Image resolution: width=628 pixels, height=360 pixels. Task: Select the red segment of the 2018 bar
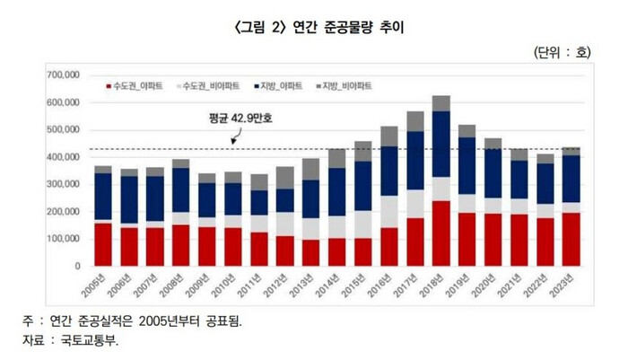[440, 233]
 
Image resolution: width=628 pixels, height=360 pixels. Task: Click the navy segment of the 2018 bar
[440, 144]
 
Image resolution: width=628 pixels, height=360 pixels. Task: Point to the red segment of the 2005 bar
[103, 244]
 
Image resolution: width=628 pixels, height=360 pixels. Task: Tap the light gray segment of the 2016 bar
[388, 212]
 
